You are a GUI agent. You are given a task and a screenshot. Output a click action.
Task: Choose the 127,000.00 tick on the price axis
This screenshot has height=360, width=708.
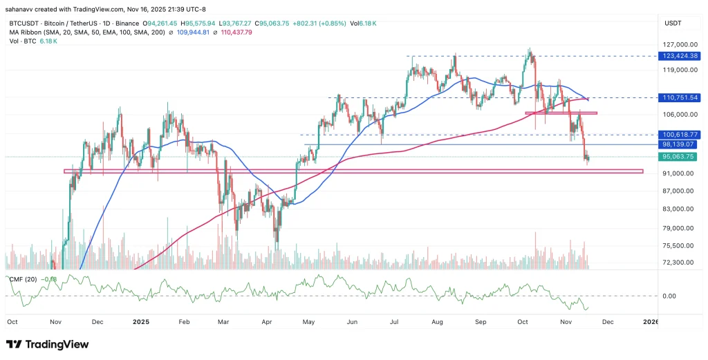tap(678, 43)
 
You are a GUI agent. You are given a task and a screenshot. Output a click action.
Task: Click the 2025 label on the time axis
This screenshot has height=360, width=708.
tap(141, 322)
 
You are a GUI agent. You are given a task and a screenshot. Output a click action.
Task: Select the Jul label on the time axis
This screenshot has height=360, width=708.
tap(395, 322)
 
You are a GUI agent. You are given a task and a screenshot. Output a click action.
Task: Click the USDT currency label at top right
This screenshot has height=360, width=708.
tap(673, 23)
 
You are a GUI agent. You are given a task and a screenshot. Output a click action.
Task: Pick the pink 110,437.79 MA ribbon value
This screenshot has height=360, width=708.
tap(236, 32)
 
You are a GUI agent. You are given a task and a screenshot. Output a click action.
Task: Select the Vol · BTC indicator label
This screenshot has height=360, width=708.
tap(19, 41)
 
